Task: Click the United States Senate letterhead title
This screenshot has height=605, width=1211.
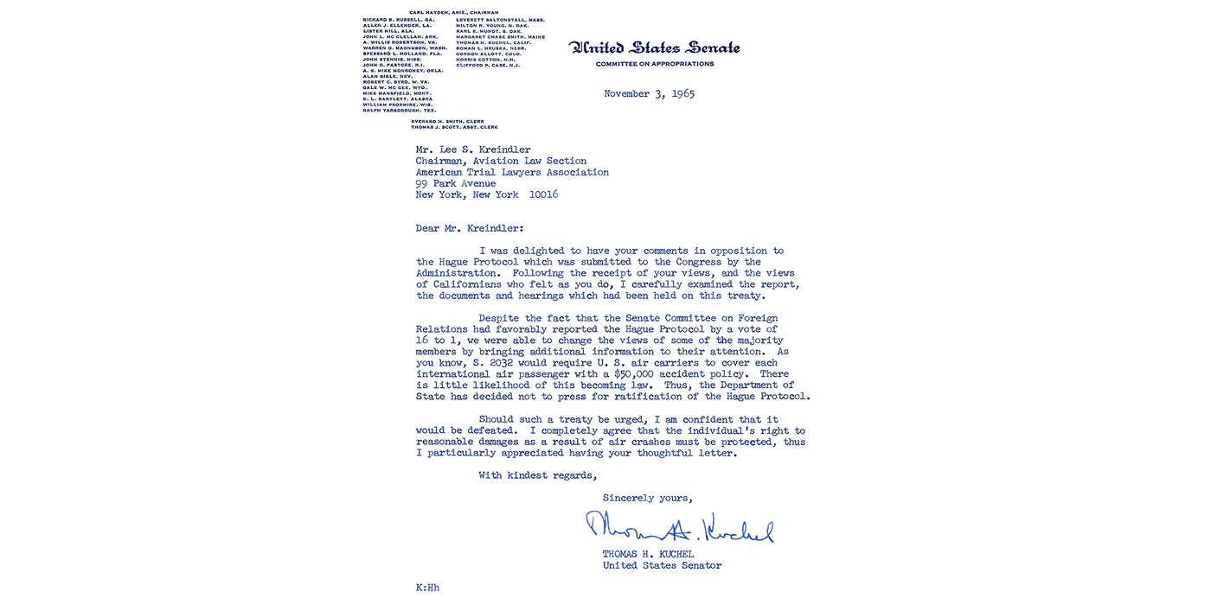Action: tap(654, 48)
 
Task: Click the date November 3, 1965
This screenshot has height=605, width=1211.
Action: tap(649, 93)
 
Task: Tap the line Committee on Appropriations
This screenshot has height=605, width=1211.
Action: tap(655, 64)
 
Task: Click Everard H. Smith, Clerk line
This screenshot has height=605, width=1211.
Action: tap(447, 121)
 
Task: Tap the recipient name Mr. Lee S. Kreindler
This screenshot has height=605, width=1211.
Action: tap(473, 150)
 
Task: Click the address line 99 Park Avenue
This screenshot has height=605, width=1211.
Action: tap(456, 183)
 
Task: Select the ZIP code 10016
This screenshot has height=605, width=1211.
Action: tap(543, 194)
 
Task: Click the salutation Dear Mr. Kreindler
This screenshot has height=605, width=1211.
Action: tap(469, 228)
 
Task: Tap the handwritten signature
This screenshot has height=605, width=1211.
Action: tap(680, 527)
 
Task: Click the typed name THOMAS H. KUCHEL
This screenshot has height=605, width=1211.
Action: tap(648, 554)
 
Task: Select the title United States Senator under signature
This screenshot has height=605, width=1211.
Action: tap(662, 565)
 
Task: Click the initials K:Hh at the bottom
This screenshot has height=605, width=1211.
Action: tap(427, 588)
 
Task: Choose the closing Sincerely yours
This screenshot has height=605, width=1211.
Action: tap(647, 498)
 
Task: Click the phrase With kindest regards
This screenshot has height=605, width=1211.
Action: tap(537, 475)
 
